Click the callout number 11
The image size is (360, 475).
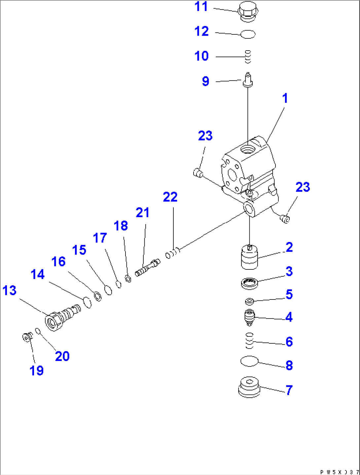tap(201, 7)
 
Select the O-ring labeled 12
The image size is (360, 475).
tap(248, 34)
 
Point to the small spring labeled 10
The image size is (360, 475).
tap(248, 57)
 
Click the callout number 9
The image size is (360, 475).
tap(205, 81)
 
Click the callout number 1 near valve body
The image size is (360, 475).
tap(285, 99)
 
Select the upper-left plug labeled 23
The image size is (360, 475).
tap(198, 172)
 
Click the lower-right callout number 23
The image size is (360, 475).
tap(303, 187)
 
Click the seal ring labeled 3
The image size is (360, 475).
tap(249, 283)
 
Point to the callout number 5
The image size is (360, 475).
tap(289, 294)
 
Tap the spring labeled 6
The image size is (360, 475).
tap(249, 340)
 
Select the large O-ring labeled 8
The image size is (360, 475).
tap(249, 361)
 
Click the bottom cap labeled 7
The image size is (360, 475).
tap(249, 387)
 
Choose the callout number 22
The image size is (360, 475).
tap(170, 197)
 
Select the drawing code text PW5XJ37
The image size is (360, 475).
tap(339, 472)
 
